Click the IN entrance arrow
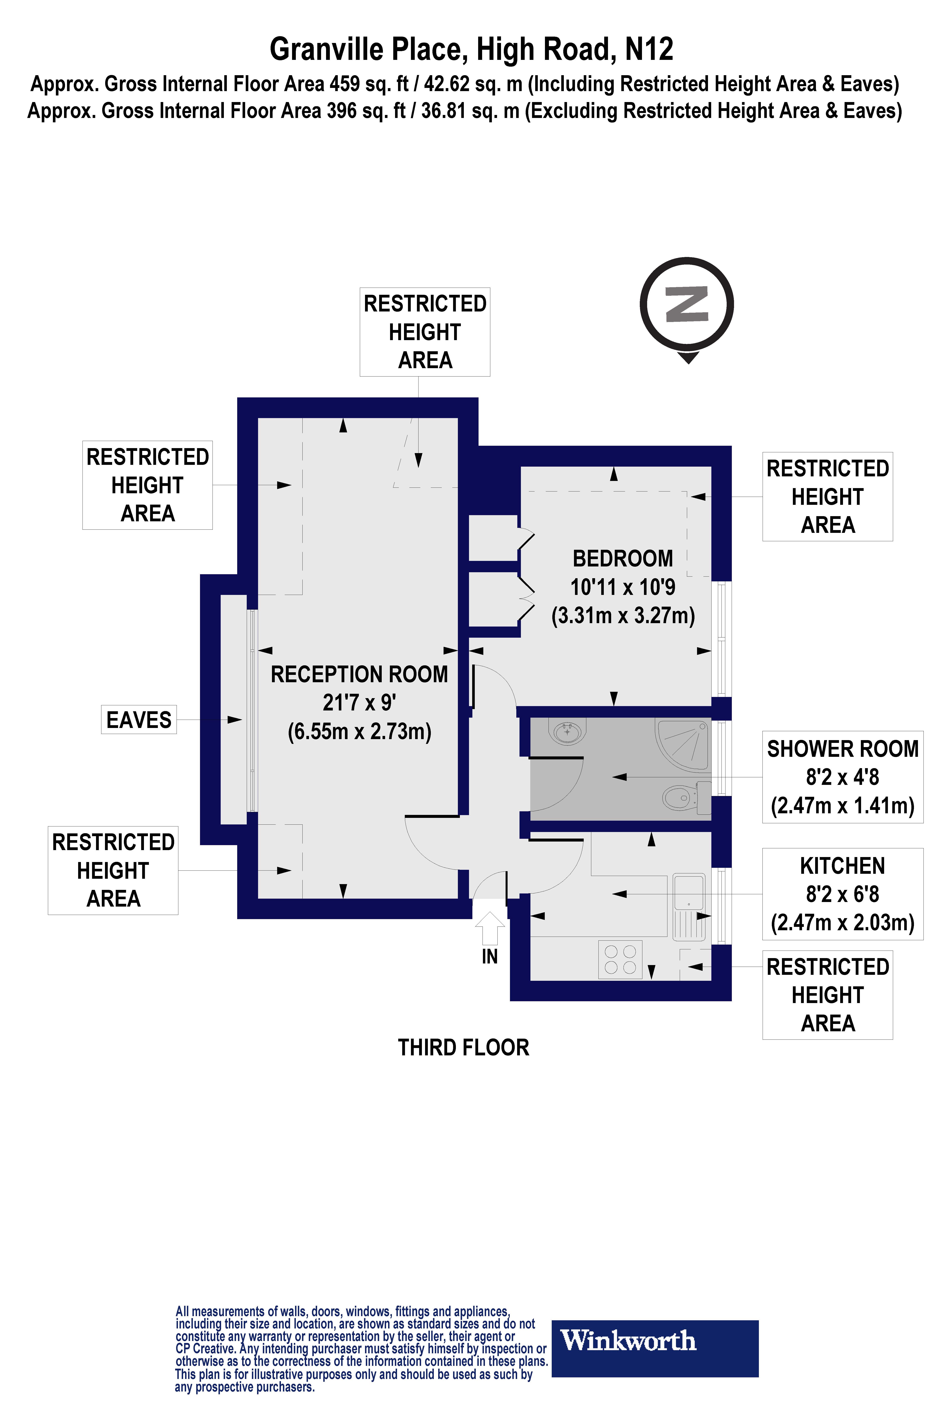[x=490, y=927]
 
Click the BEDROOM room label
[x=623, y=558]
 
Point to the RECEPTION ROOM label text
[x=359, y=674]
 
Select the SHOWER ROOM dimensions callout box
[x=842, y=777]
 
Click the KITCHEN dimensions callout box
[x=842, y=894]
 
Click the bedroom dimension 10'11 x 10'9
[x=623, y=587]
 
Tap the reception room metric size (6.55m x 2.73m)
[x=359, y=732]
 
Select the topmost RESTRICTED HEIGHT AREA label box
[x=425, y=332]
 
